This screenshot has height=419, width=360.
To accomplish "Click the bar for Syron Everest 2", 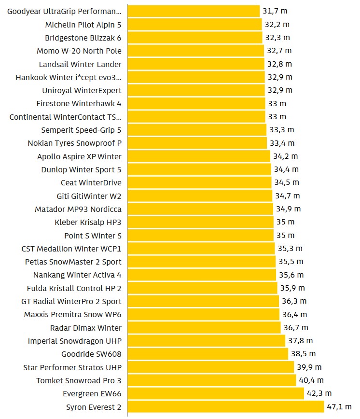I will click(x=225, y=407).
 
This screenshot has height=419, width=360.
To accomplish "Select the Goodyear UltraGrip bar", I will click(x=194, y=11).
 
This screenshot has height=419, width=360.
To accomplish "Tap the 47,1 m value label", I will click(x=339, y=407).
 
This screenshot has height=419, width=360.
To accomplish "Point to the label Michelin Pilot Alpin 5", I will click(x=83, y=25).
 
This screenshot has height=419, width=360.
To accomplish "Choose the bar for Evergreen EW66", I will click(x=216, y=394).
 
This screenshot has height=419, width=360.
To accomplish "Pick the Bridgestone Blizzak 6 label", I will click(x=83, y=38).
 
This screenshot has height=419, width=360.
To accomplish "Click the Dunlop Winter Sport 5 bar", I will click(x=199, y=169).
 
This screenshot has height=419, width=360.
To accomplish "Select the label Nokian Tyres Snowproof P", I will click(x=74, y=143).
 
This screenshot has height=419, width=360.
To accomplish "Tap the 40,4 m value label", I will click(x=311, y=380).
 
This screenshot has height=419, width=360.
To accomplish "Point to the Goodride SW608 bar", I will click(x=208, y=354).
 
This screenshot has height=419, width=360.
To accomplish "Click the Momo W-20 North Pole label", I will click(x=79, y=51).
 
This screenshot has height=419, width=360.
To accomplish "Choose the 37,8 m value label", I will click(x=301, y=341).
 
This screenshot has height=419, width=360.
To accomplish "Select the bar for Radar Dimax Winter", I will click(x=204, y=328).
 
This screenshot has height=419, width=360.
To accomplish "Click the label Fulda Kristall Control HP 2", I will click(x=74, y=288).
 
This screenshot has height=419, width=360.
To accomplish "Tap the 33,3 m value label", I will click(x=282, y=130).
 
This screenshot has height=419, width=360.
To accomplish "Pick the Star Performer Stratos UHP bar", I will click(x=210, y=367).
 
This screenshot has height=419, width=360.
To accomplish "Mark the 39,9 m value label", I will click(x=309, y=367).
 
